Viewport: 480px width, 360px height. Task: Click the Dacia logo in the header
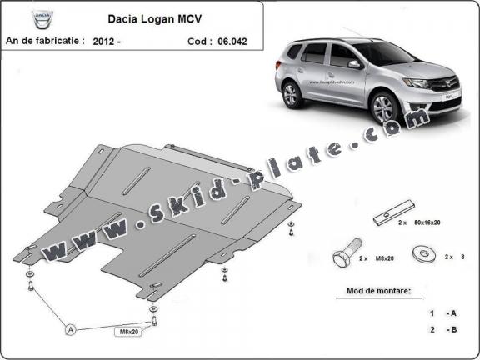(x=18, y=17)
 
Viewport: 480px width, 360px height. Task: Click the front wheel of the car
(x=386, y=108)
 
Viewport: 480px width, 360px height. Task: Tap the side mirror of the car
(x=354, y=63)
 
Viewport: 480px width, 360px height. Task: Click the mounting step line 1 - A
(x=442, y=313)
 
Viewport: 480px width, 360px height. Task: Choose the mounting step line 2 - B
(x=442, y=330)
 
